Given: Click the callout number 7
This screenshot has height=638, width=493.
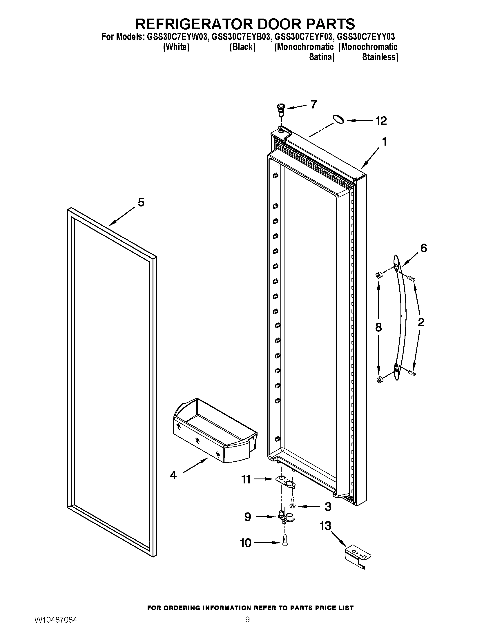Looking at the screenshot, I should [x=313, y=104].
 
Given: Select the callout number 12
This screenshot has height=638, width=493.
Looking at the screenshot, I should [x=381, y=121].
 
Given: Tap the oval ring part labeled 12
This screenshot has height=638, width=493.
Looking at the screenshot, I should [x=338, y=119].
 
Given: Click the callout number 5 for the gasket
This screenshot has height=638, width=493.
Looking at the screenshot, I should [x=141, y=202].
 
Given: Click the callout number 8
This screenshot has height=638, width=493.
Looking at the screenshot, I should [x=378, y=327].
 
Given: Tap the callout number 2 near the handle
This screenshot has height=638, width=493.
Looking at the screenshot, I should [x=421, y=322].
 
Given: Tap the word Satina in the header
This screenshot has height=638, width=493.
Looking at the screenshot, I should [x=322, y=57].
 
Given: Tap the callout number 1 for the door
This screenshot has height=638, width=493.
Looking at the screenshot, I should [x=384, y=142].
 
